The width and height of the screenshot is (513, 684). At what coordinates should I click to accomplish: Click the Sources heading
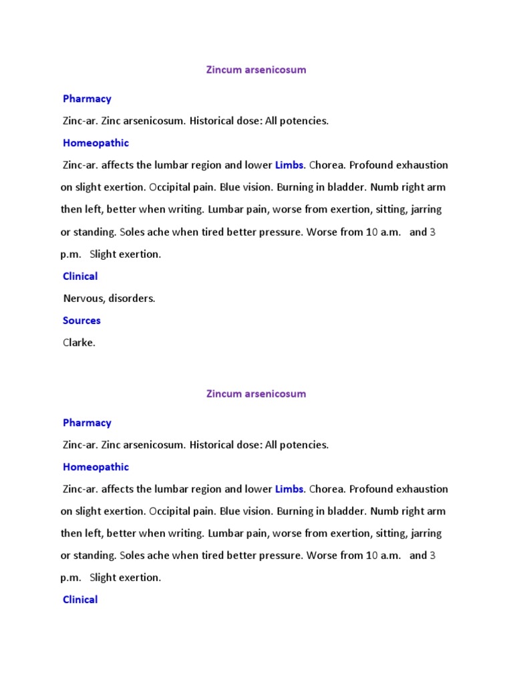tap(81, 321)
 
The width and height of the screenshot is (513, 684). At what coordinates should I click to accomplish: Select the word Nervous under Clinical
tap(82, 299)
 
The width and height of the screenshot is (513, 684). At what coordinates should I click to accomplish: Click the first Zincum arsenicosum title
tap(256, 69)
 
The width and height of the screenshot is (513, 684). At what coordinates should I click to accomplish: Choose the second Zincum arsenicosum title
tap(256, 393)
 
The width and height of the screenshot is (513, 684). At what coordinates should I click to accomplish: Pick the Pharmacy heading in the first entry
tap(87, 99)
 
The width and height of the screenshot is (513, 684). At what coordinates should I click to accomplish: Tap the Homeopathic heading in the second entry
tap(96, 467)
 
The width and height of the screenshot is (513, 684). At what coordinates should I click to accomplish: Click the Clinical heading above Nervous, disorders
tap(80, 277)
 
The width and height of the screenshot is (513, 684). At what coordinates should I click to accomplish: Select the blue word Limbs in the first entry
tap(289, 165)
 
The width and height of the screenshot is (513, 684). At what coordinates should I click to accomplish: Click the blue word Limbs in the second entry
tap(289, 489)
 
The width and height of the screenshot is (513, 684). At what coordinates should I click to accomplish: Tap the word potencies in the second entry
tap(305, 445)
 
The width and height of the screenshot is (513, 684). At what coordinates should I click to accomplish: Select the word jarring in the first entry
tap(424, 209)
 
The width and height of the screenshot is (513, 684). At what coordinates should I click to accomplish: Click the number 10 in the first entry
tap(372, 232)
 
